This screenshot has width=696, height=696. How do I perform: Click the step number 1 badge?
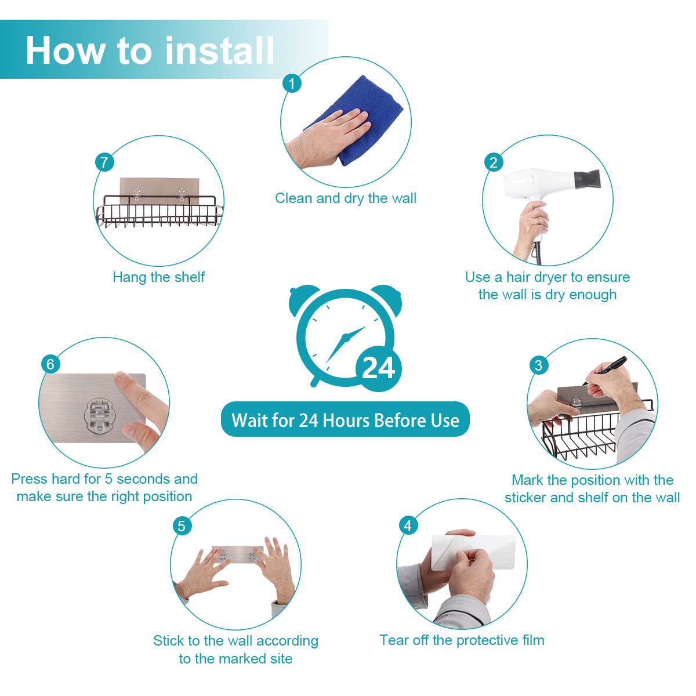(292, 84)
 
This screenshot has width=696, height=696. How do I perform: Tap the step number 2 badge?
(494, 162)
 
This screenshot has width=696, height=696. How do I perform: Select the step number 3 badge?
(539, 365)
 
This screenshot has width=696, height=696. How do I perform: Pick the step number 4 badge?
(408, 526)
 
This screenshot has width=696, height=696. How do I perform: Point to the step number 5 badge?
(182, 526)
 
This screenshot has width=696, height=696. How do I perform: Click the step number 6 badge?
(50, 364)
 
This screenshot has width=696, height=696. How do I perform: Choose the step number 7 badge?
(105, 162)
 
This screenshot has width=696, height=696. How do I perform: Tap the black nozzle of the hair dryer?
(588, 179)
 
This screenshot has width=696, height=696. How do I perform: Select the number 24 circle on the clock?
(379, 368)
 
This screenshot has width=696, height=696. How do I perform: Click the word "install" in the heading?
(220, 50)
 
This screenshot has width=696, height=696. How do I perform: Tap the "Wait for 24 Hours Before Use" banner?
(345, 419)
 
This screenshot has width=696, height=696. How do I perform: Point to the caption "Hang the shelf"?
(159, 277)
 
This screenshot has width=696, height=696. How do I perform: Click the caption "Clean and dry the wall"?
(346, 198)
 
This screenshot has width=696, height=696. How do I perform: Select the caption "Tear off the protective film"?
(462, 640)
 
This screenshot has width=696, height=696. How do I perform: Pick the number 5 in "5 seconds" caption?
(108, 479)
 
